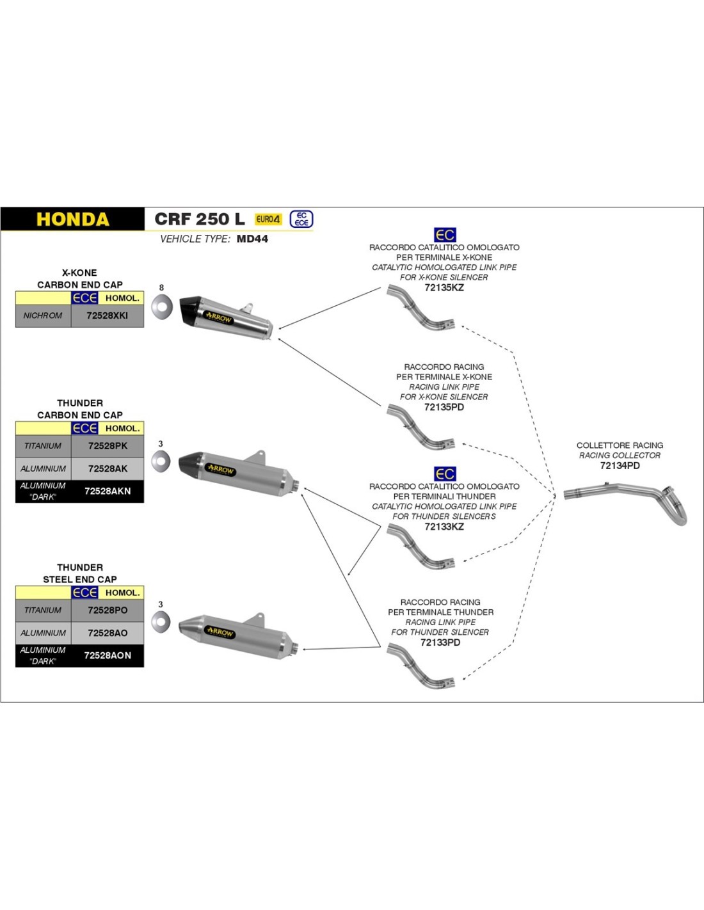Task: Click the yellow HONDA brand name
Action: point(72,220)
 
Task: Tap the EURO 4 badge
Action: point(268,219)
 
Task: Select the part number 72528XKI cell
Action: point(108,315)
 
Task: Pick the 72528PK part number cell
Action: point(108,446)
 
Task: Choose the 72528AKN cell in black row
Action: point(108,491)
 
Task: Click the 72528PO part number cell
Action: point(108,610)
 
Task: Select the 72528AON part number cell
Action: point(108,655)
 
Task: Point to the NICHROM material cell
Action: point(43,315)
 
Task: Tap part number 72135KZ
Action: point(444,287)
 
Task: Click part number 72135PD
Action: point(444,407)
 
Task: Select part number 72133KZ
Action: point(444,527)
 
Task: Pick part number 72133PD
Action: point(440,642)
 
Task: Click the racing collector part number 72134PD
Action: point(620,465)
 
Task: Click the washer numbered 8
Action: point(162,307)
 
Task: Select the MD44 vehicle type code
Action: point(252,239)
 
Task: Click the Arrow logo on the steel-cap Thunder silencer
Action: point(220,632)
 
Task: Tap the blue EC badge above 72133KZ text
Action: point(445,474)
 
